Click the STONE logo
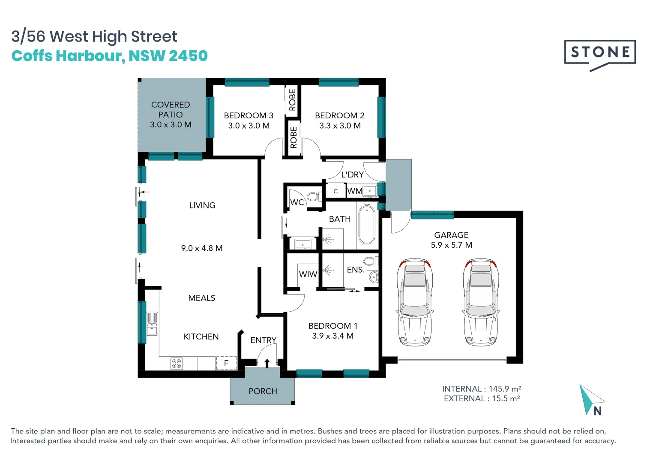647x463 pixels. pos(599,55)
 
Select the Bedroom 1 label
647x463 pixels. pos(333,326)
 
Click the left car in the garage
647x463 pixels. pos(414,302)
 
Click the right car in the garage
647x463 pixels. pos(481,302)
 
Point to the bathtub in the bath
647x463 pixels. pos(366,224)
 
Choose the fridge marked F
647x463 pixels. pos(226,363)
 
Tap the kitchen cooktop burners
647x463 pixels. pos(177,364)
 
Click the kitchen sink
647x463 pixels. pos(152,323)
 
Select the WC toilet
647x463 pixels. pos(314,197)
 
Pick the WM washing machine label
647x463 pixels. pos(355,191)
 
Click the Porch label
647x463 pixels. pos(263,391)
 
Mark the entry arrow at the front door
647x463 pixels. pos(267,363)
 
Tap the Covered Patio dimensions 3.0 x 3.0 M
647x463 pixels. pos(171,125)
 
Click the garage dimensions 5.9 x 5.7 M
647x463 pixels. pos(452,245)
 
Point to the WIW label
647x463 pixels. pos(308,274)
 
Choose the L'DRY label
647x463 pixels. pos(352,174)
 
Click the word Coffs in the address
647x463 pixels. pos(32,55)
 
